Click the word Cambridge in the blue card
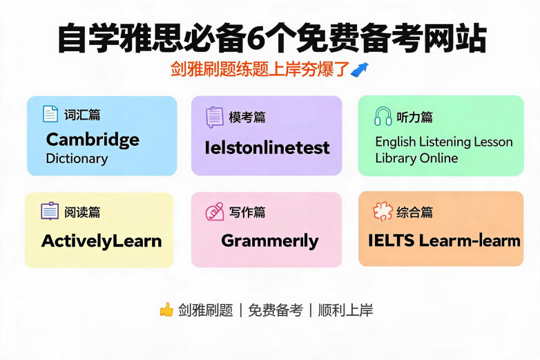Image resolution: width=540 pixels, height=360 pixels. pyautogui.click(x=93, y=140)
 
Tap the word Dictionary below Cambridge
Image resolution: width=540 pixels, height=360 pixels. pyautogui.click(x=77, y=159)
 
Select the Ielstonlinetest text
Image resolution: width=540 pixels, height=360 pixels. pyautogui.click(x=267, y=148)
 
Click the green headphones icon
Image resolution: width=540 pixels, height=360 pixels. pyautogui.click(x=383, y=116)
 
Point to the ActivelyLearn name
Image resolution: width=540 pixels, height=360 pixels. pyautogui.click(x=102, y=240)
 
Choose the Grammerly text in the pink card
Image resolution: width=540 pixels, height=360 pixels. pyautogui.click(x=270, y=240)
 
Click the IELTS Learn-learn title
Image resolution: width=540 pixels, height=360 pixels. pyautogui.click(x=444, y=240)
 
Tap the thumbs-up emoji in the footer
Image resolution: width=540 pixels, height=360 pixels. pyautogui.click(x=166, y=310)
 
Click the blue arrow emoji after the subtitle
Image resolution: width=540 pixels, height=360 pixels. pyautogui.click(x=360, y=70)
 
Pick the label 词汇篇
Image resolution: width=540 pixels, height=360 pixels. pyautogui.click(x=82, y=115)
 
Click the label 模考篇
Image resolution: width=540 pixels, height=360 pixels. pyautogui.click(x=247, y=117)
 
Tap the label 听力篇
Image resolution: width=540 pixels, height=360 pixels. pyautogui.click(x=414, y=117)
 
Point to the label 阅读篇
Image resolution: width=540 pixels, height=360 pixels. pyautogui.click(x=82, y=212)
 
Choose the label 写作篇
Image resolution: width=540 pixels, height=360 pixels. pyautogui.click(x=247, y=212)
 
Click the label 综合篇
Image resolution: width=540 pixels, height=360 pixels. pyautogui.click(x=414, y=212)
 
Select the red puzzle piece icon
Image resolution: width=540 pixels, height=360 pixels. pyautogui.click(x=383, y=211)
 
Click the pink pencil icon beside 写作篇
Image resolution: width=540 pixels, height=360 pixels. pyautogui.click(x=215, y=211)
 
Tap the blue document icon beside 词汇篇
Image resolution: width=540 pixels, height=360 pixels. pyautogui.click(x=50, y=114)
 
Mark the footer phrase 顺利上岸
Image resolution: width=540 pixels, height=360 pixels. pyautogui.click(x=345, y=310)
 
